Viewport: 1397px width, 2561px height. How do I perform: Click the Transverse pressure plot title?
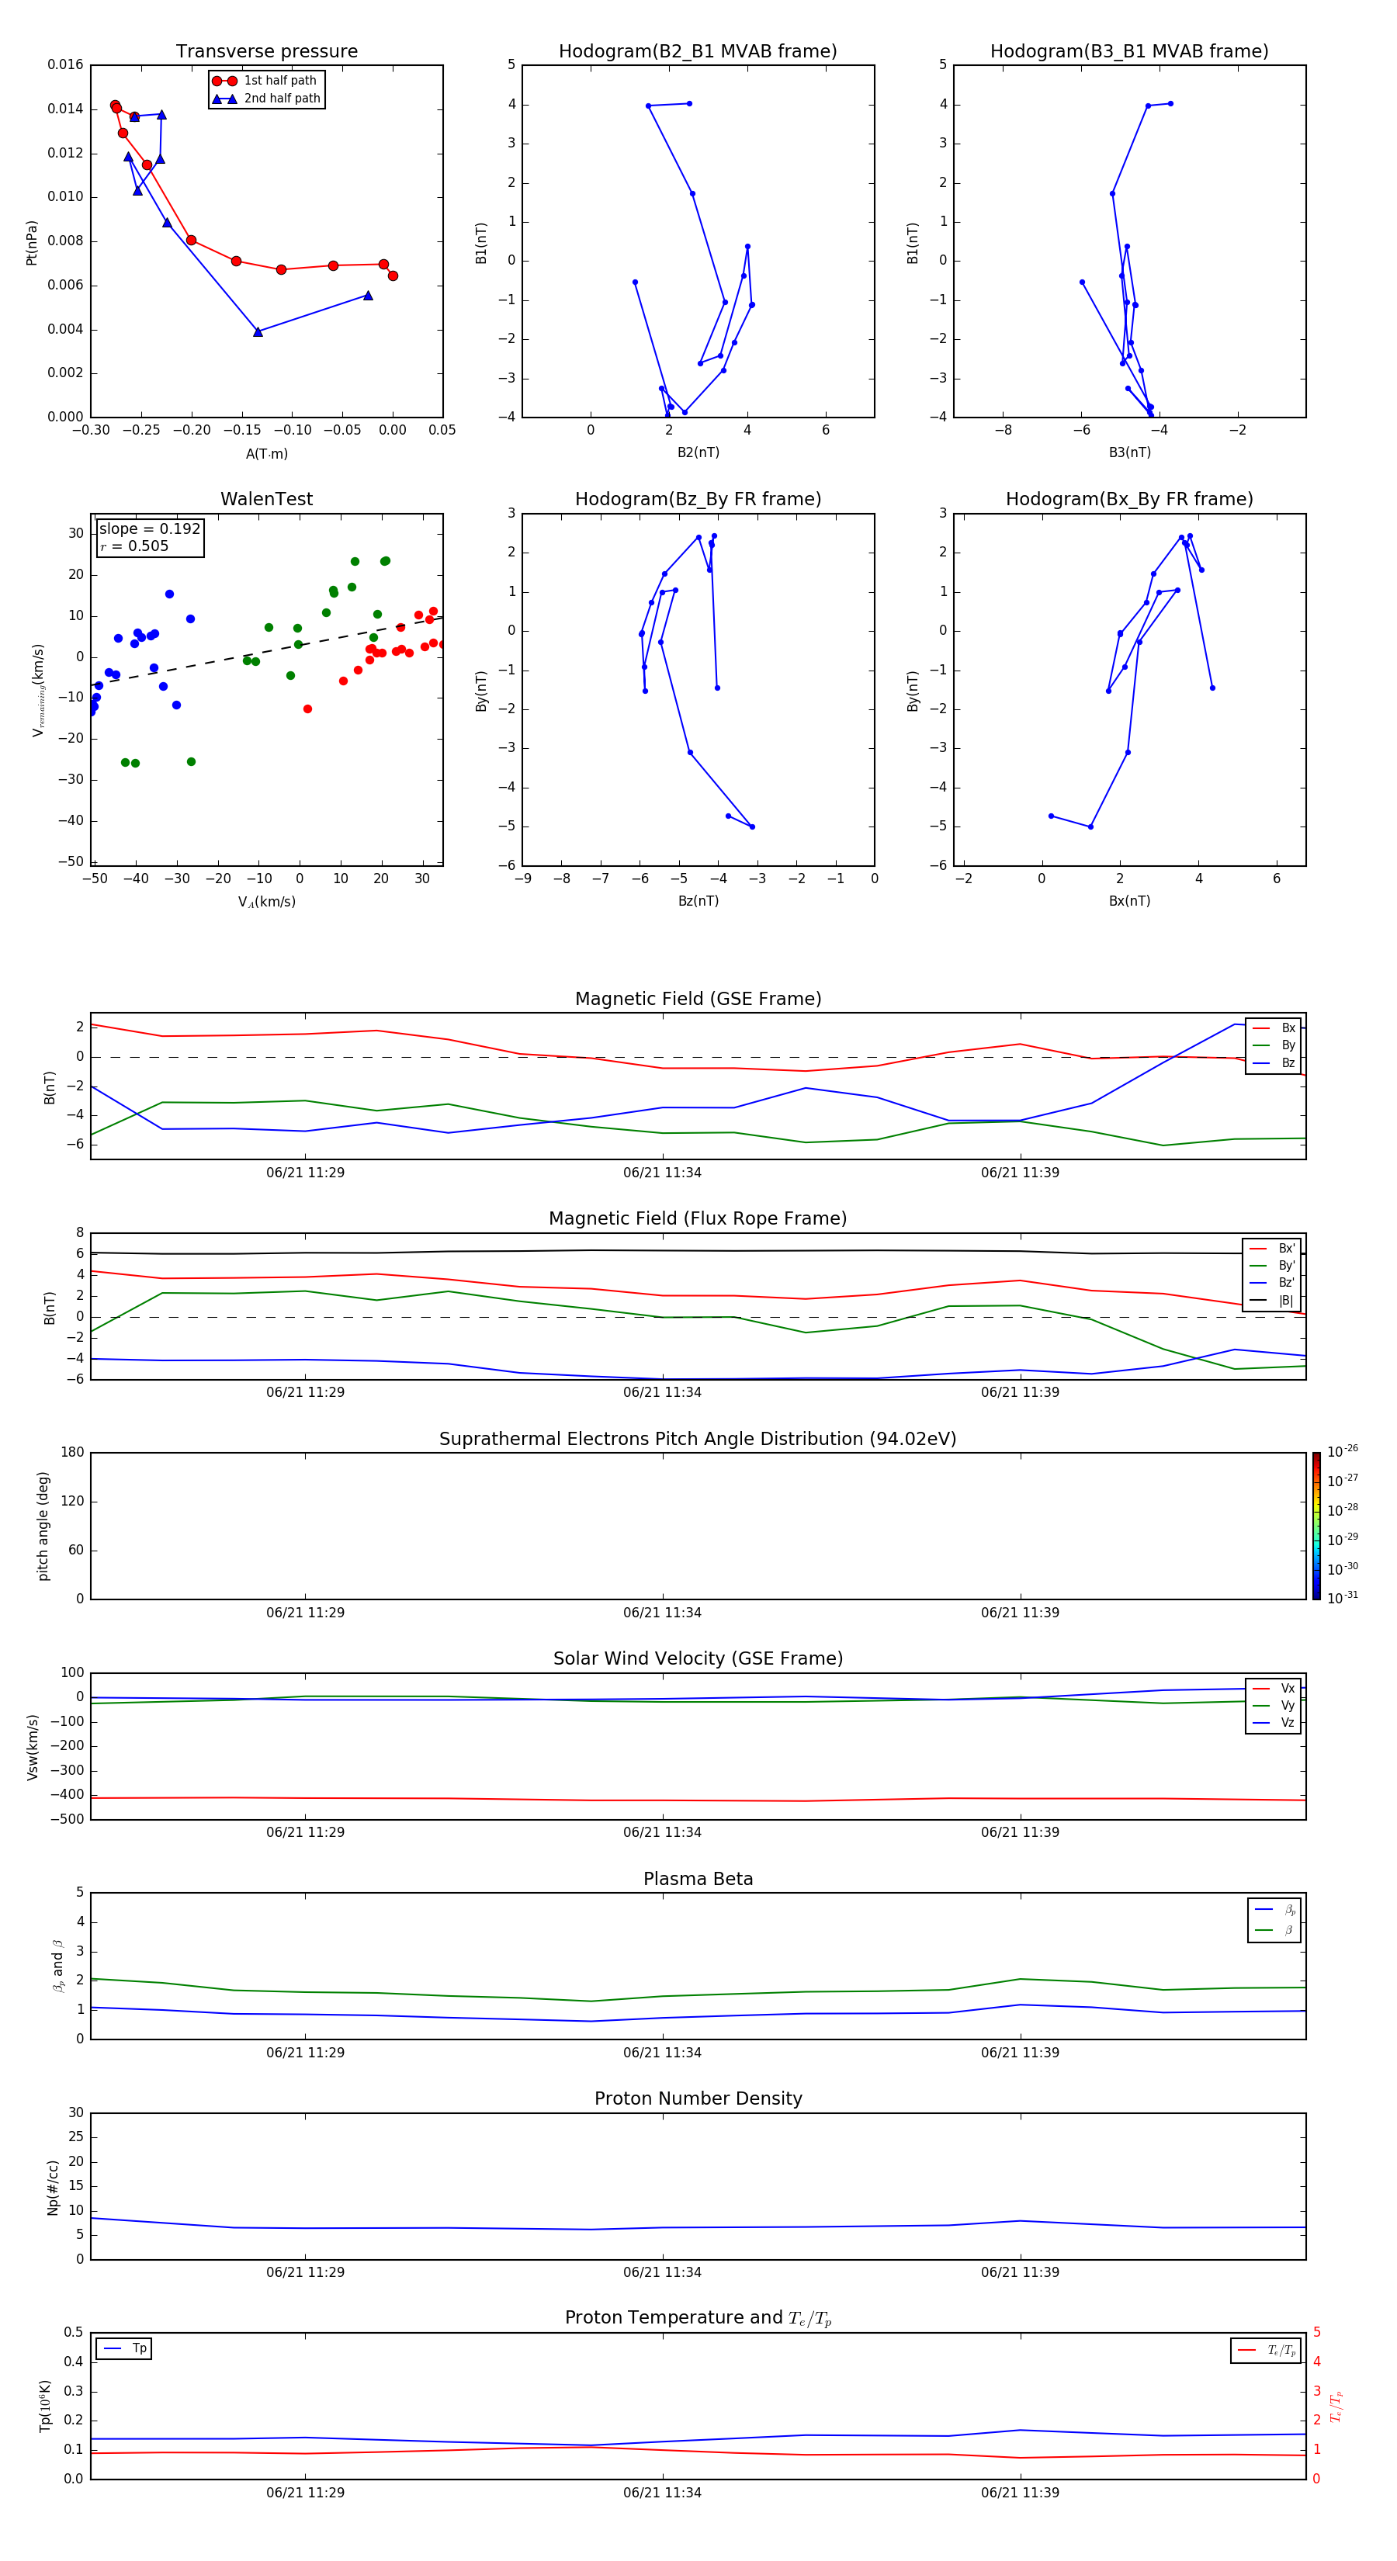click(266, 52)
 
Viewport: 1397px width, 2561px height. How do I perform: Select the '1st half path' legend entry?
click(279, 81)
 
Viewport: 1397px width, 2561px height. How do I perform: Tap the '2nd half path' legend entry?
click(282, 99)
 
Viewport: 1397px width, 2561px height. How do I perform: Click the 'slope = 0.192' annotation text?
click(149, 529)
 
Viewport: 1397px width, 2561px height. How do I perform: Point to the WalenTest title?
click(266, 499)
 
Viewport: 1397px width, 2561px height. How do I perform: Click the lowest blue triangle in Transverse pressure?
click(258, 332)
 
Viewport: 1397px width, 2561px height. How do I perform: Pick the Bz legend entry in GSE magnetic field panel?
click(1287, 1062)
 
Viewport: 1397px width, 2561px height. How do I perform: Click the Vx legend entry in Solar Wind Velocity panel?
click(1287, 1688)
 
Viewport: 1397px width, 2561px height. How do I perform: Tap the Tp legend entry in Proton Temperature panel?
click(138, 2348)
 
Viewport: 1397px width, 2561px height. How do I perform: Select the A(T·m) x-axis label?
click(266, 453)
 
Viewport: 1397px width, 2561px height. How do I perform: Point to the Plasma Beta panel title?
click(698, 1879)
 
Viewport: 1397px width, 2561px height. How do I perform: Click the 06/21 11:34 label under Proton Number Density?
click(662, 2272)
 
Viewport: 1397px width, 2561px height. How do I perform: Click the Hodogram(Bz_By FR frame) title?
click(698, 499)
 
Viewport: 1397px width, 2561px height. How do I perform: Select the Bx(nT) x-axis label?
click(1129, 901)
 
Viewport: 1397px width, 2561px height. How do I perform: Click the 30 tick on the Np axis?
click(75, 2112)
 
